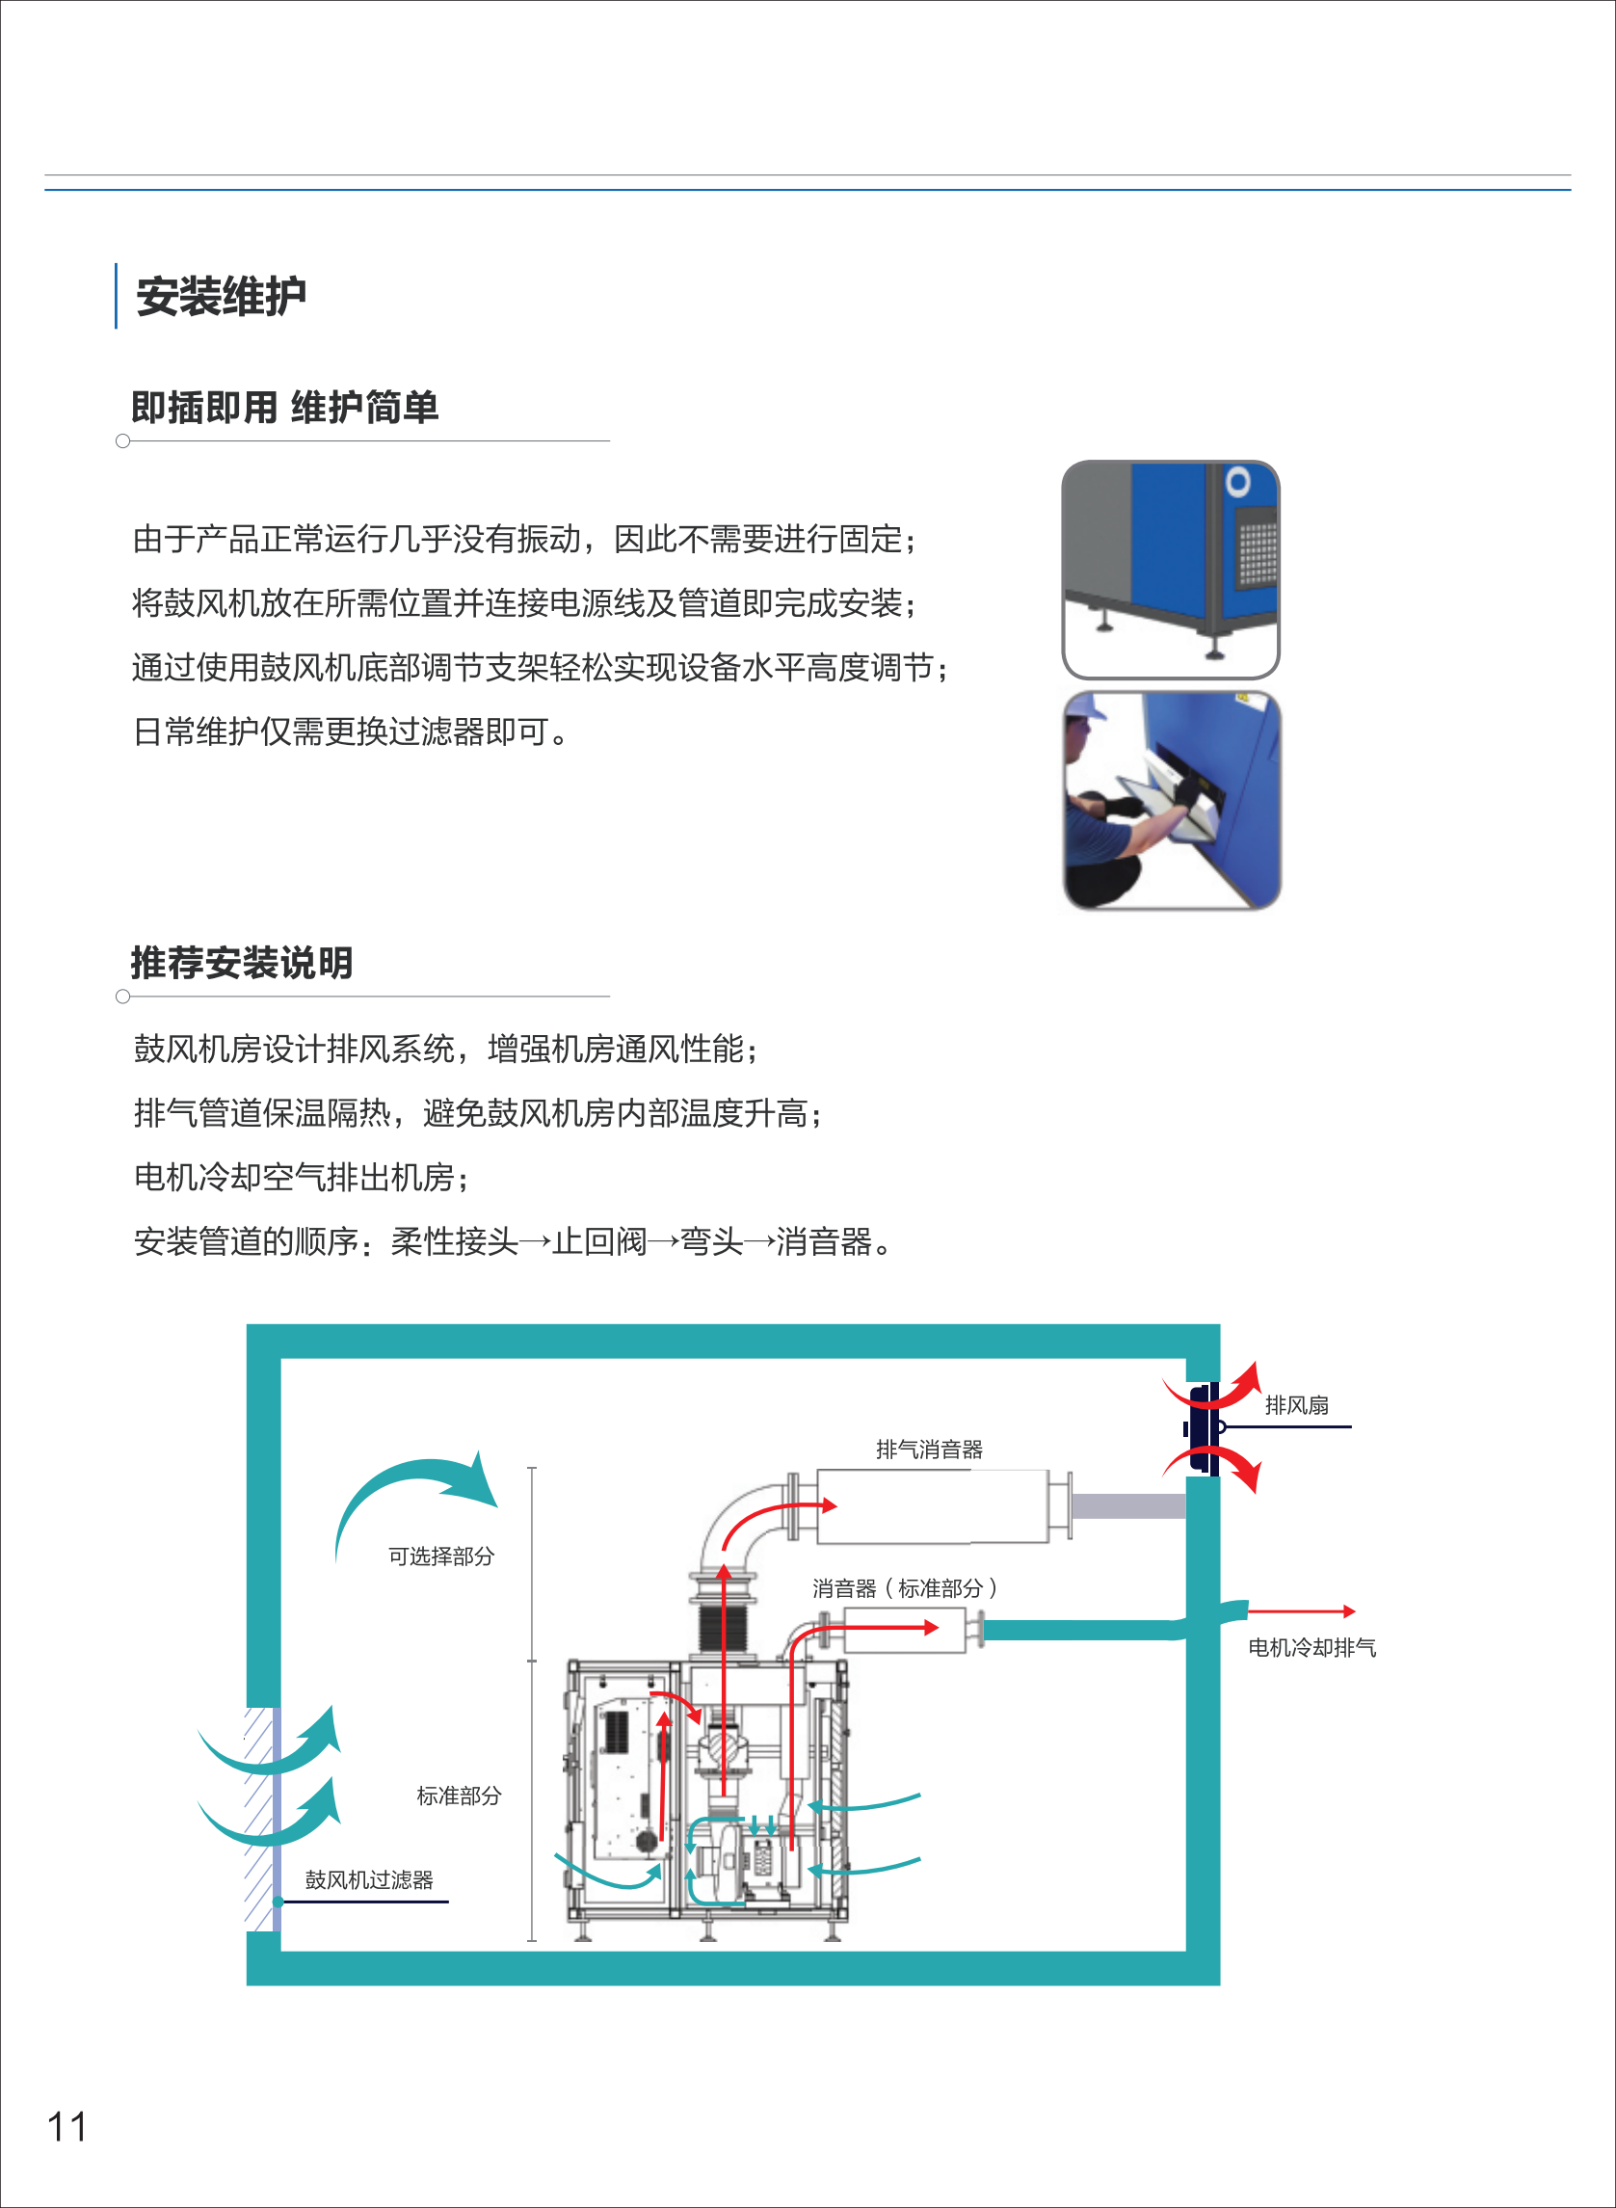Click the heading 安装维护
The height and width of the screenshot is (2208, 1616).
[221, 296]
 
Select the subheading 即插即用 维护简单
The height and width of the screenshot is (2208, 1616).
[284, 407]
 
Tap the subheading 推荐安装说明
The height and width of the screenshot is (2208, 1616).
[242, 963]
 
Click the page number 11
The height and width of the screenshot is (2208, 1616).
[66, 2127]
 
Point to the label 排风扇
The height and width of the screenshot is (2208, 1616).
[1296, 1405]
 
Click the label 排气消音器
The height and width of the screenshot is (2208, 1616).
[928, 1449]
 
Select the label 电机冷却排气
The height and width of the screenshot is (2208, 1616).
[1311, 1647]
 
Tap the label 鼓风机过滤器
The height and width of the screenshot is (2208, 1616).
[369, 1879]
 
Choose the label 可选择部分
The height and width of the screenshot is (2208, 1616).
[441, 1556]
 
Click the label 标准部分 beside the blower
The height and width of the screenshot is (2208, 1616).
[459, 1796]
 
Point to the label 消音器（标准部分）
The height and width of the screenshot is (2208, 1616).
[904, 1587]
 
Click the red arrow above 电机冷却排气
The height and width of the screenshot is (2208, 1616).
[1301, 1610]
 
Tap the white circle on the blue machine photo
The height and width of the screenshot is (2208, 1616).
[1237, 481]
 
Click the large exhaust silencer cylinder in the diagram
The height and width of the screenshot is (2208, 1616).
[931, 1506]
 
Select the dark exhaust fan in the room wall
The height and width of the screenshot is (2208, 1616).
[1205, 1427]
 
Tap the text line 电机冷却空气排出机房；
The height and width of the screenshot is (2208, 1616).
[302, 1177]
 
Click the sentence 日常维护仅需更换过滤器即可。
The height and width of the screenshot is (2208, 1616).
[349, 731]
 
